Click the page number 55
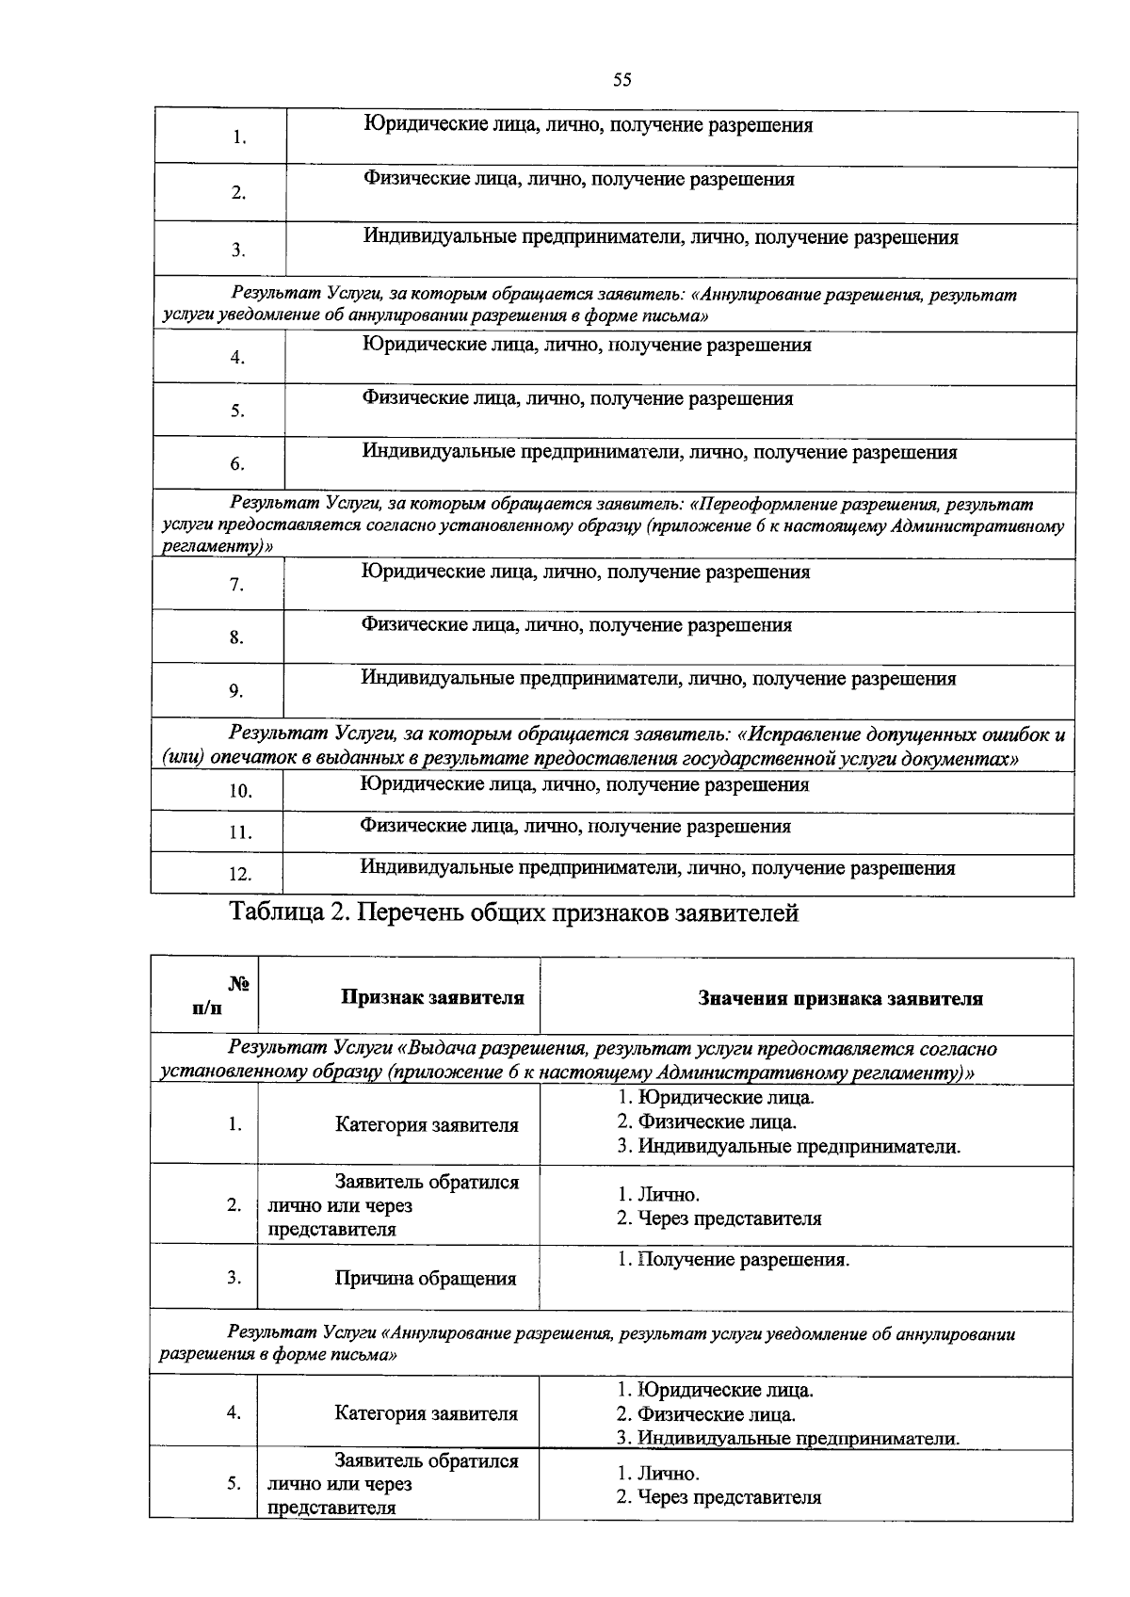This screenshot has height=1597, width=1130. (621, 80)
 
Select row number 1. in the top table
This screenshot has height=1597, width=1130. (239, 138)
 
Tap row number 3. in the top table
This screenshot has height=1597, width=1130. (239, 250)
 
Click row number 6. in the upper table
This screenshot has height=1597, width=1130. (237, 464)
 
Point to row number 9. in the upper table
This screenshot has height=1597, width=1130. (235, 692)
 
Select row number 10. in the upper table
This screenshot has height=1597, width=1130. (240, 792)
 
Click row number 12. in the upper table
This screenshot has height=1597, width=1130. (240, 875)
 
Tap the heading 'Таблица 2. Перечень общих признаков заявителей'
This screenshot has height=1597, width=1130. (514, 912)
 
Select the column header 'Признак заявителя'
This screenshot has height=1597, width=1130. (432, 998)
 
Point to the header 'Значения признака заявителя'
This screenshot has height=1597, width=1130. (840, 999)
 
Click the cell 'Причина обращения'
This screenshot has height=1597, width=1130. (426, 1279)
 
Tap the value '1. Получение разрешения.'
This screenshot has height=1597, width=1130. (734, 1260)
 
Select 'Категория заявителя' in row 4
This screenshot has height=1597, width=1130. (426, 1414)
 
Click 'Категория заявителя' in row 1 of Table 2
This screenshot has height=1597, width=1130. (427, 1125)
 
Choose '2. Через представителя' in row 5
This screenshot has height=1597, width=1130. (718, 1497)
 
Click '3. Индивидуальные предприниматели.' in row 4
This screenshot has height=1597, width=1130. (788, 1439)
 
